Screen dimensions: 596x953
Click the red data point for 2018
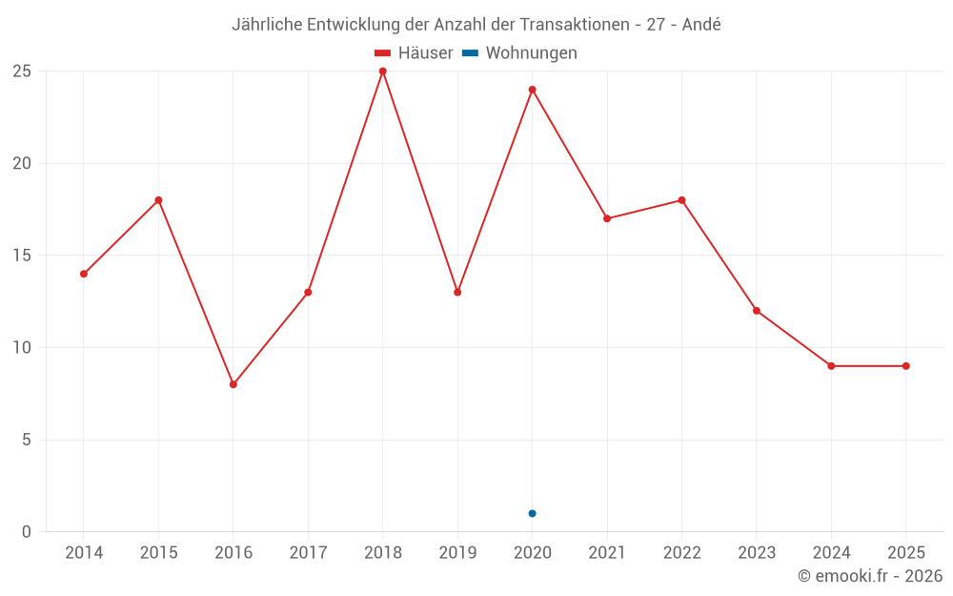click(382, 72)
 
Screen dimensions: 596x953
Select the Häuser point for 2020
click(532, 90)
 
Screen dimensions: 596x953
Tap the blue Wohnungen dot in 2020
click(532, 513)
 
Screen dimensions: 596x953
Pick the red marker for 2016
click(233, 384)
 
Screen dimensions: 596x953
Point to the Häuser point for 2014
click(84, 274)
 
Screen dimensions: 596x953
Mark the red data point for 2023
click(756, 311)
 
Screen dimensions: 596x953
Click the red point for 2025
click(905, 366)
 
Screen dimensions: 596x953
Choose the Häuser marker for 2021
click(606, 218)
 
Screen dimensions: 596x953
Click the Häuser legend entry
click(414, 53)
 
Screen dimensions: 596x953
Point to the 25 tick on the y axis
click(21, 72)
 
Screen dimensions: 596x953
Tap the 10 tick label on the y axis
click(21, 347)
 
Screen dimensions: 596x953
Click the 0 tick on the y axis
click(26, 531)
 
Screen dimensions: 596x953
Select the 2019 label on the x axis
click(457, 553)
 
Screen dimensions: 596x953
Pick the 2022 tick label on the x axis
click(681, 553)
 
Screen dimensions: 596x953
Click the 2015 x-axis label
click(158, 553)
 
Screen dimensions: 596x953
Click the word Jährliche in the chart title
click(267, 25)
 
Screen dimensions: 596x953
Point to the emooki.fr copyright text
click(870, 576)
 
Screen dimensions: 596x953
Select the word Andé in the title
click(700, 25)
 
